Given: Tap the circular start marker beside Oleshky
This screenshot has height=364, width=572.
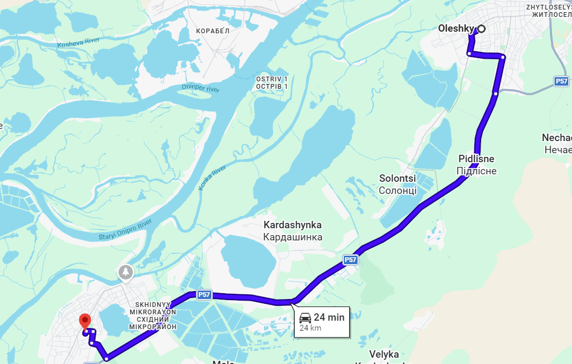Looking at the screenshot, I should [482, 29].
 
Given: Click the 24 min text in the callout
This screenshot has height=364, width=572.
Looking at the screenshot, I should [329, 318].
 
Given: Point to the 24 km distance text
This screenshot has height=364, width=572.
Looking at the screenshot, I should [311, 328].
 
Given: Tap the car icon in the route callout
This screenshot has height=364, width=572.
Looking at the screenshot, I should [305, 318].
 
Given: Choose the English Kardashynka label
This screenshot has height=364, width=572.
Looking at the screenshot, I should [293, 225].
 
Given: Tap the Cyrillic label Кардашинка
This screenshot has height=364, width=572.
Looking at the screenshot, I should [293, 237].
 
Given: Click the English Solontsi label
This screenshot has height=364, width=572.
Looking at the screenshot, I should [398, 178].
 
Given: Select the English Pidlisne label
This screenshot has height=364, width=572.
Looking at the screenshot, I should [476, 159].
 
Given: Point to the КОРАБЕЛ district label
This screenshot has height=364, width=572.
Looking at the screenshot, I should [212, 31].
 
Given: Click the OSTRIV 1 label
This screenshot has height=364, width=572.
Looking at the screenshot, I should [271, 79].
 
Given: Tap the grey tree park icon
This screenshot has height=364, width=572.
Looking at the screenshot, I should [126, 272].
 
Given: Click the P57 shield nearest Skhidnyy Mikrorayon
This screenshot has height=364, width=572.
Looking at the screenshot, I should [204, 295].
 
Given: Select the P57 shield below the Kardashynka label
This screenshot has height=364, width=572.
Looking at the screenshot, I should [350, 259].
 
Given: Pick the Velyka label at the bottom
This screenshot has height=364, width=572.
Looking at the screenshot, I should [384, 354].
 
